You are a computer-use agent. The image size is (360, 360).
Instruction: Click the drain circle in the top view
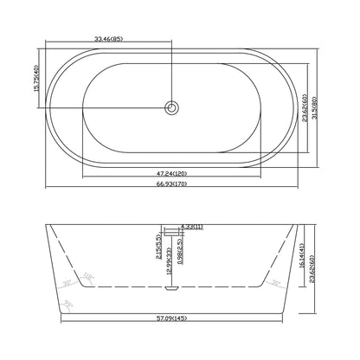(x=173, y=107)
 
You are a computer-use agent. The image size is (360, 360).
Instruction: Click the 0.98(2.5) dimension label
(x=178, y=262)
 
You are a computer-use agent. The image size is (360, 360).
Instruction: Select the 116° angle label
(x=87, y=277)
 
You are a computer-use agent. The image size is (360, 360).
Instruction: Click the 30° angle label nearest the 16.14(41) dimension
(x=274, y=283)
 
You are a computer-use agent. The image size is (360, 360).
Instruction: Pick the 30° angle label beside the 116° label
(x=67, y=282)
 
